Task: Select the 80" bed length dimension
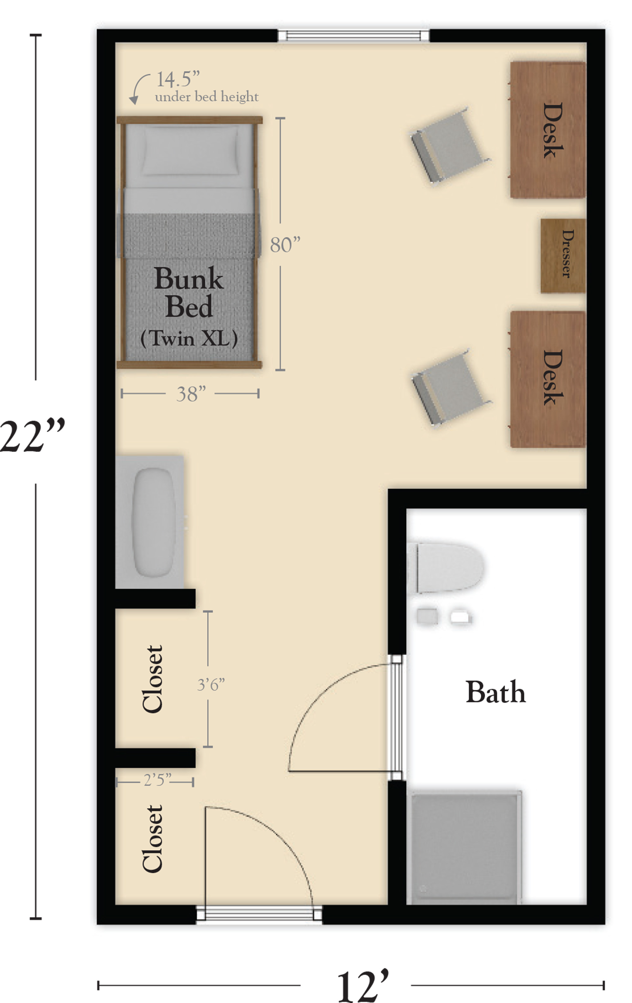point(285,245)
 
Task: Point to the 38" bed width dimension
point(191,394)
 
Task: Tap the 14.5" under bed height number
point(178,79)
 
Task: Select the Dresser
point(563,255)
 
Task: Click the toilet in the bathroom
point(445,567)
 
